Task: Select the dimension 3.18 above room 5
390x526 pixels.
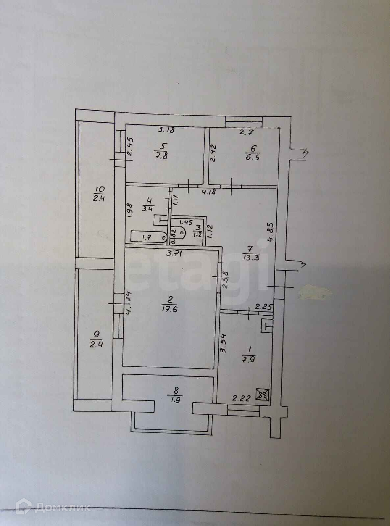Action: coord(166,130)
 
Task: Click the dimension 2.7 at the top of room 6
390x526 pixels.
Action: coord(246,133)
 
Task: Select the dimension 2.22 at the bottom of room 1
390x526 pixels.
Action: coord(242,398)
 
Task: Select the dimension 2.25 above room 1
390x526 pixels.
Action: coord(262,307)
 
